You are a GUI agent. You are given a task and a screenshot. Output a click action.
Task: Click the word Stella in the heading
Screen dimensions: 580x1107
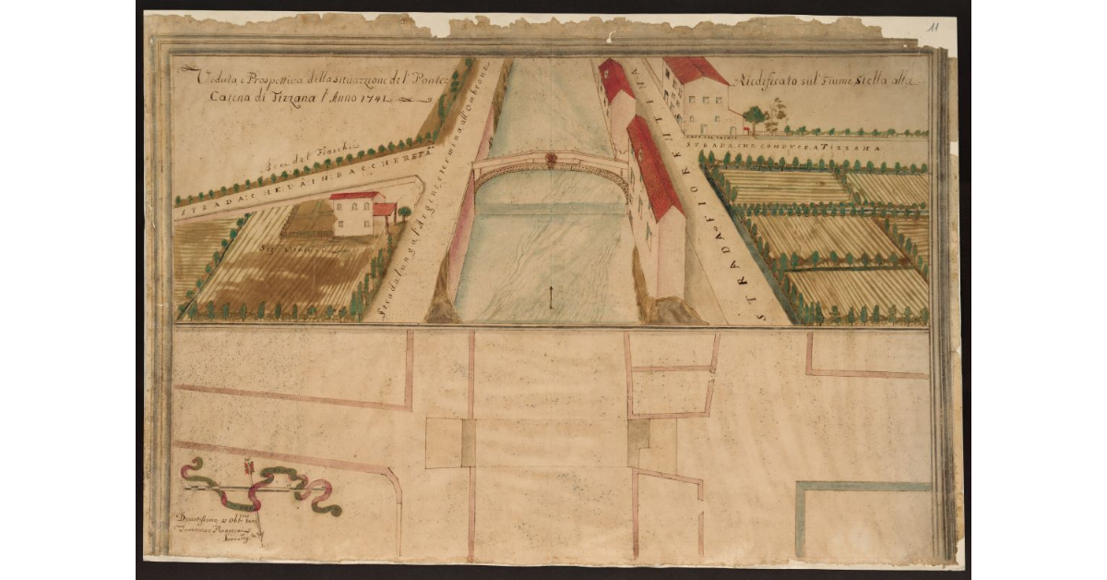865,81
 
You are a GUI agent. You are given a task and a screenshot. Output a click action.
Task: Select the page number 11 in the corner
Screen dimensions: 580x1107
934,28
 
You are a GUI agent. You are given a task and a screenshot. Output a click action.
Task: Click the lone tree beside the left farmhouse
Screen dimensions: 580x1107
404,213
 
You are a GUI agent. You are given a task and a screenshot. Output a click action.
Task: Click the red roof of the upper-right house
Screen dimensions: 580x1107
694,70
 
